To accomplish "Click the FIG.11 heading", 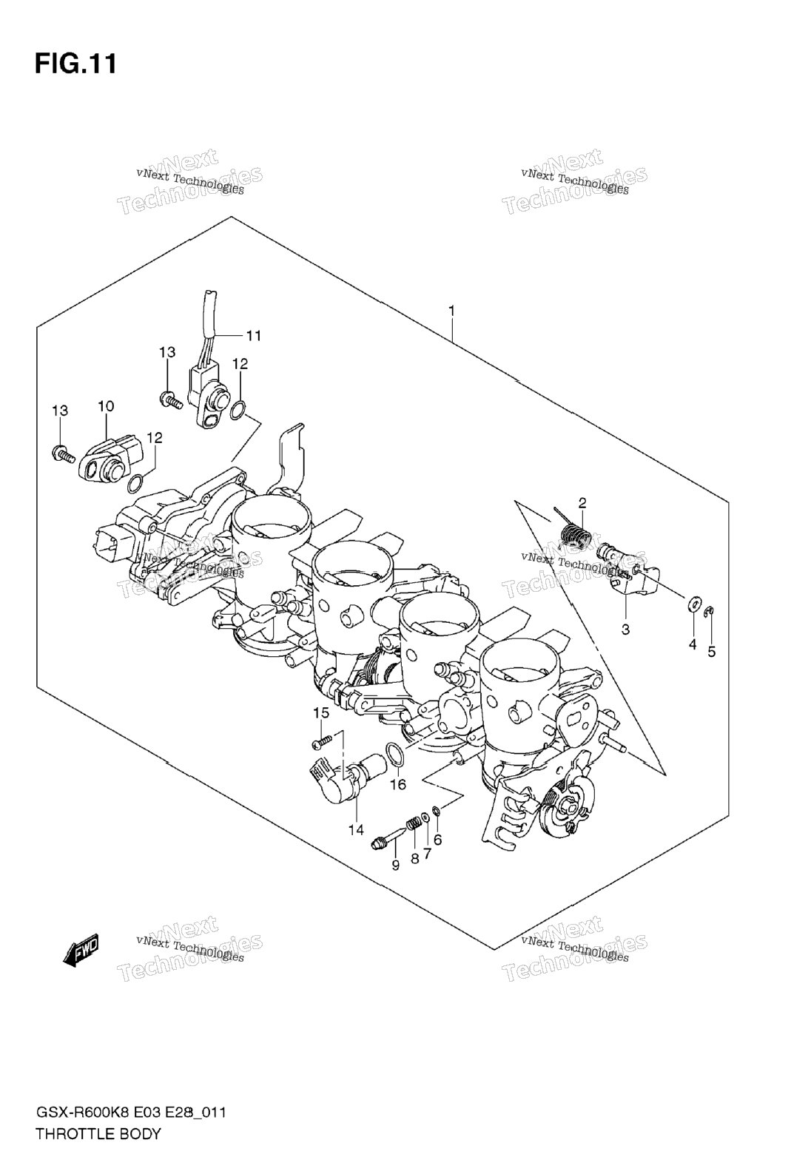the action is (x=75, y=64).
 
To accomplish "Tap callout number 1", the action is (x=451, y=311).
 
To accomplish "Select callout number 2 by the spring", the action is (x=582, y=503).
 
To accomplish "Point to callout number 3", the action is (x=625, y=630).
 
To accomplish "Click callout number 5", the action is (x=711, y=652).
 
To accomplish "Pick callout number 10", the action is (x=105, y=406).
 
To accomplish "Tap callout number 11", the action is (x=253, y=335).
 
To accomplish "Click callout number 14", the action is (x=355, y=830).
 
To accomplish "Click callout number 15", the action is (x=321, y=713).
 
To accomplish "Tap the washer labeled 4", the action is (x=693, y=605).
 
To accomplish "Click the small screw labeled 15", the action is (x=322, y=741).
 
